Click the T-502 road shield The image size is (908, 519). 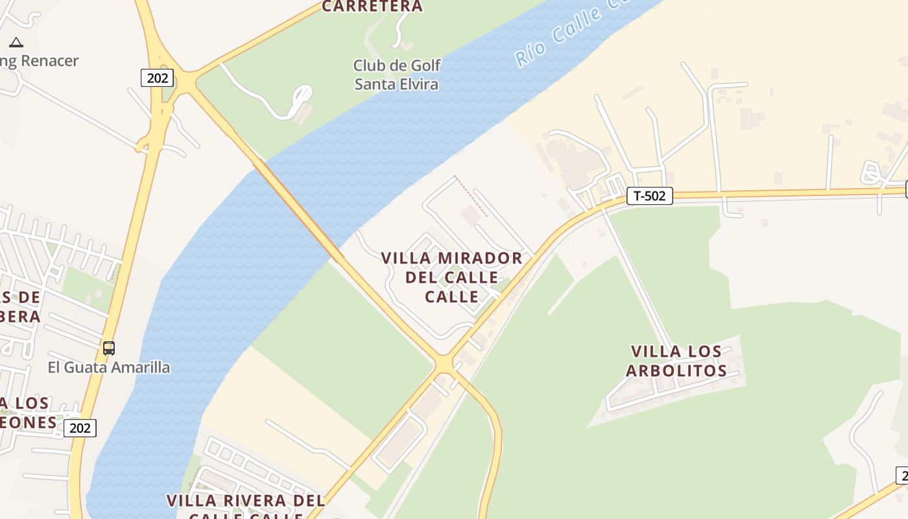pos(649,196)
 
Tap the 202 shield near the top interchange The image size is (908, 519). pos(157,78)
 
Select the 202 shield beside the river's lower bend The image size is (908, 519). pos(80,428)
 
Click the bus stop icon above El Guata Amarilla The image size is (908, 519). pos(109,348)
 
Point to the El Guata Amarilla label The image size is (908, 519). pos(109,367)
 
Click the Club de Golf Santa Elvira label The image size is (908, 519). pos(396,75)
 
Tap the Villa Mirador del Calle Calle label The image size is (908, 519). pos(451,277)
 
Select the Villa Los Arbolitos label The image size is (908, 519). pos(676,361)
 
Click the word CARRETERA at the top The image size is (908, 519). pos(372,6)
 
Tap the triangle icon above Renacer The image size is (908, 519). pos(16,43)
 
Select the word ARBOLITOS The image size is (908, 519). pos(676,370)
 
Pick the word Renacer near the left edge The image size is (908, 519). pos(49,61)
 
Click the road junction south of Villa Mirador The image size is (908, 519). pos(444,364)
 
